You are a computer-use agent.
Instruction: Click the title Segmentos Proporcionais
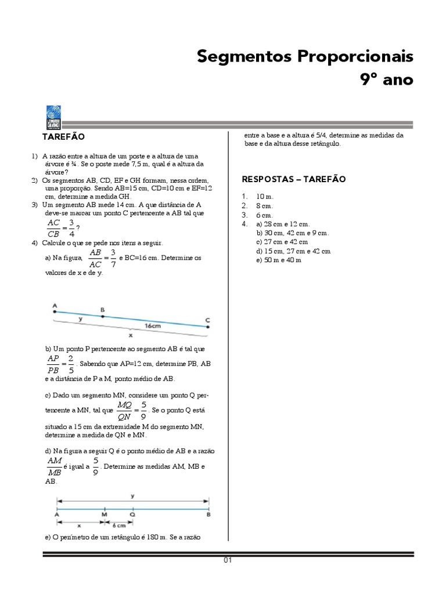pyautogui.click(x=305, y=57)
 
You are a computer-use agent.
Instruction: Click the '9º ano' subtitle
pyautogui.click(x=387, y=79)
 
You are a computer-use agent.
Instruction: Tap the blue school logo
pyautogui.click(x=53, y=118)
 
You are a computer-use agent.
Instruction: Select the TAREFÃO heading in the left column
pyautogui.click(x=63, y=137)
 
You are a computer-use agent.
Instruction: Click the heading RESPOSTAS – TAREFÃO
pyautogui.click(x=293, y=179)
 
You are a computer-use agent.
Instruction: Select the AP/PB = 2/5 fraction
pyautogui.click(x=60, y=365)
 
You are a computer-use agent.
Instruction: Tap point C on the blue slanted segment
pyautogui.click(x=208, y=327)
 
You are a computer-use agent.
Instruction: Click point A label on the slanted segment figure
pyautogui.click(x=55, y=305)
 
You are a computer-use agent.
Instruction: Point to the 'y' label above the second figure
pyautogui.click(x=133, y=495)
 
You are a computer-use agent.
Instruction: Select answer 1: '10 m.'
pyautogui.click(x=264, y=197)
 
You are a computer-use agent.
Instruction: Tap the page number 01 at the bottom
pyautogui.click(x=228, y=560)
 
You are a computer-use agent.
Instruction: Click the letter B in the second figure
pyautogui.click(x=208, y=514)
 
